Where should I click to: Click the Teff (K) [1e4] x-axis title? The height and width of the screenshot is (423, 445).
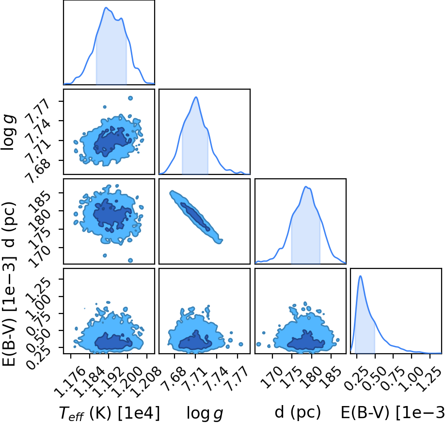109,413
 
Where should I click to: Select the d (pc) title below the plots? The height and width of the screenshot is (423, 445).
298,412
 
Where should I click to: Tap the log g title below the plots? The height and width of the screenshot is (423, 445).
205,413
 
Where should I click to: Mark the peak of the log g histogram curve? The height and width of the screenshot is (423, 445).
196,97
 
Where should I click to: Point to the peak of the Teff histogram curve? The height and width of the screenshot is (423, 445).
106,7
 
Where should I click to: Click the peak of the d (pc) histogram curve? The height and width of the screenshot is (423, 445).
306,187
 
